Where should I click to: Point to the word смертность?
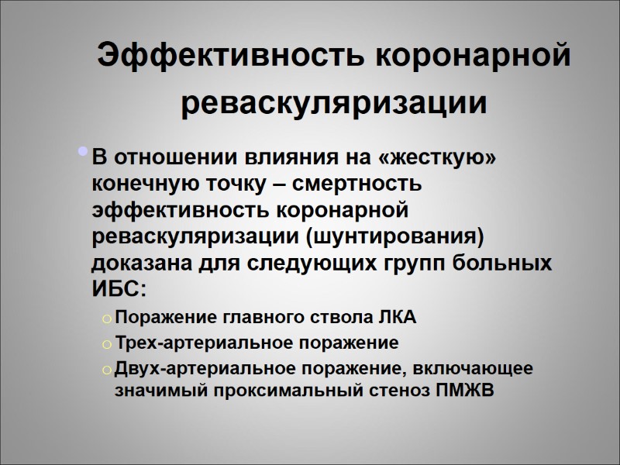click(362, 184)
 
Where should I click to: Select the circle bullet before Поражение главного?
click(108, 319)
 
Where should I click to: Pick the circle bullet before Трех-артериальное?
click(108, 344)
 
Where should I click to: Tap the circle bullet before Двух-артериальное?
click(108, 369)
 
